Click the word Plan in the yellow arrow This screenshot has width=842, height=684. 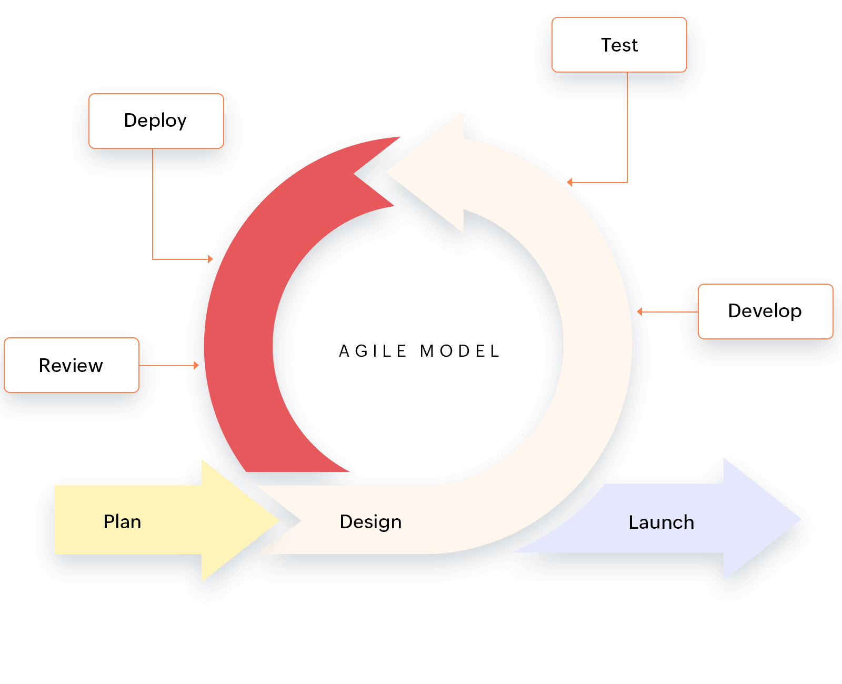click(x=122, y=521)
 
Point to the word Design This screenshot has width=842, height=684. click(x=370, y=521)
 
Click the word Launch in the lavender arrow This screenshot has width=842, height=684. click(x=661, y=522)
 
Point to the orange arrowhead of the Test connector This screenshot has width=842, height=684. click(x=570, y=183)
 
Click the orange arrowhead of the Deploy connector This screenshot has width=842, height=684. click(x=210, y=259)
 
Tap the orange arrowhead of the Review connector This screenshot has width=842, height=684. click(x=196, y=365)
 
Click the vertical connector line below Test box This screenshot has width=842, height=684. click(x=627, y=126)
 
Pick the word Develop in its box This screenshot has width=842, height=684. click(x=765, y=311)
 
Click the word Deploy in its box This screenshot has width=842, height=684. click(x=155, y=120)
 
